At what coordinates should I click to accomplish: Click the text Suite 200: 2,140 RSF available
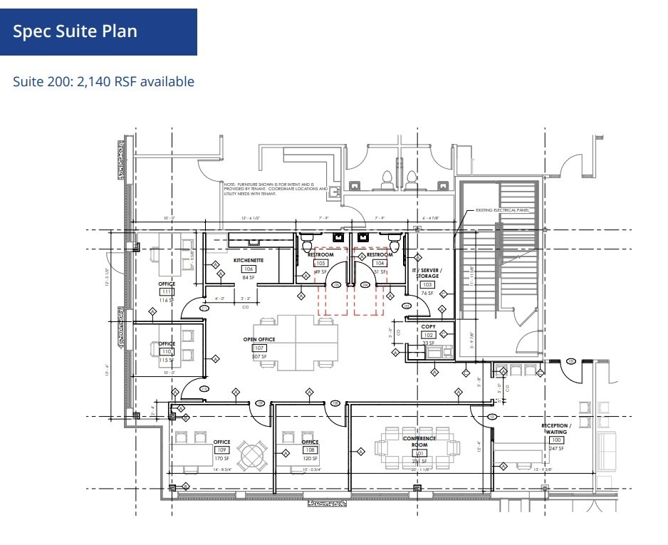click(103, 82)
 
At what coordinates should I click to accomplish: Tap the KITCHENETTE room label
click(249, 261)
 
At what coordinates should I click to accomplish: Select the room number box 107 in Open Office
click(259, 348)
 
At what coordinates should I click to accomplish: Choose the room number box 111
click(167, 292)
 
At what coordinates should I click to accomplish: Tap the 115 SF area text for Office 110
click(166, 360)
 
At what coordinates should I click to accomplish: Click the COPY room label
click(428, 326)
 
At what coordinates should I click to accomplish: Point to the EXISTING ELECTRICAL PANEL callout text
click(504, 210)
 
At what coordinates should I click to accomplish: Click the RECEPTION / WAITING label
click(556, 429)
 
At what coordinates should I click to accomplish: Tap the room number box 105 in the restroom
click(320, 263)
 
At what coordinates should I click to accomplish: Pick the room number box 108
click(310, 450)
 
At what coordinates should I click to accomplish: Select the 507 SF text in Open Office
click(259, 356)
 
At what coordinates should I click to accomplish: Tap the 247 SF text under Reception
click(556, 448)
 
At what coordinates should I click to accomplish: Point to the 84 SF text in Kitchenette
click(249, 278)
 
